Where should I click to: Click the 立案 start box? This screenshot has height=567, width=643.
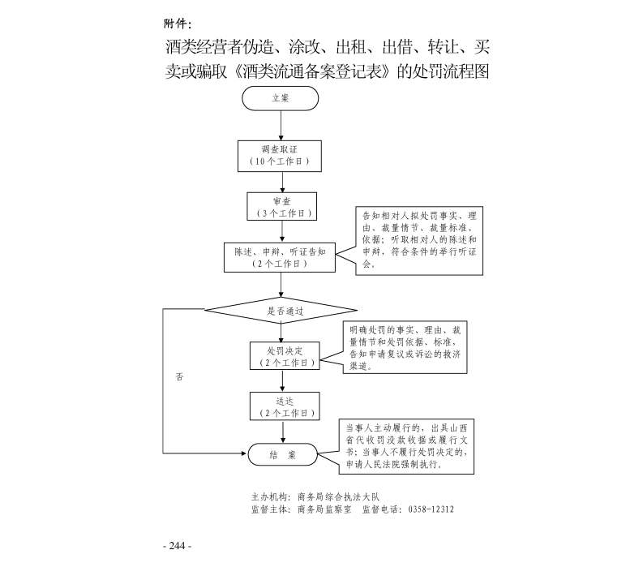280,98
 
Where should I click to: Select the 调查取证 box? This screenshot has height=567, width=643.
280,156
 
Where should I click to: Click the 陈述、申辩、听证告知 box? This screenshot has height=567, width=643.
280,257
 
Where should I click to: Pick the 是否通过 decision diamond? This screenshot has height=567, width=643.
281,309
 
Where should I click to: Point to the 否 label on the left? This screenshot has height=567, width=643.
179,377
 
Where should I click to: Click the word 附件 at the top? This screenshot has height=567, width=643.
177,22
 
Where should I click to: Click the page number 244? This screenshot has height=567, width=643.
177,545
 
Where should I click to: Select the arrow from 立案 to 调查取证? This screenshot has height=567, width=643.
281,125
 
